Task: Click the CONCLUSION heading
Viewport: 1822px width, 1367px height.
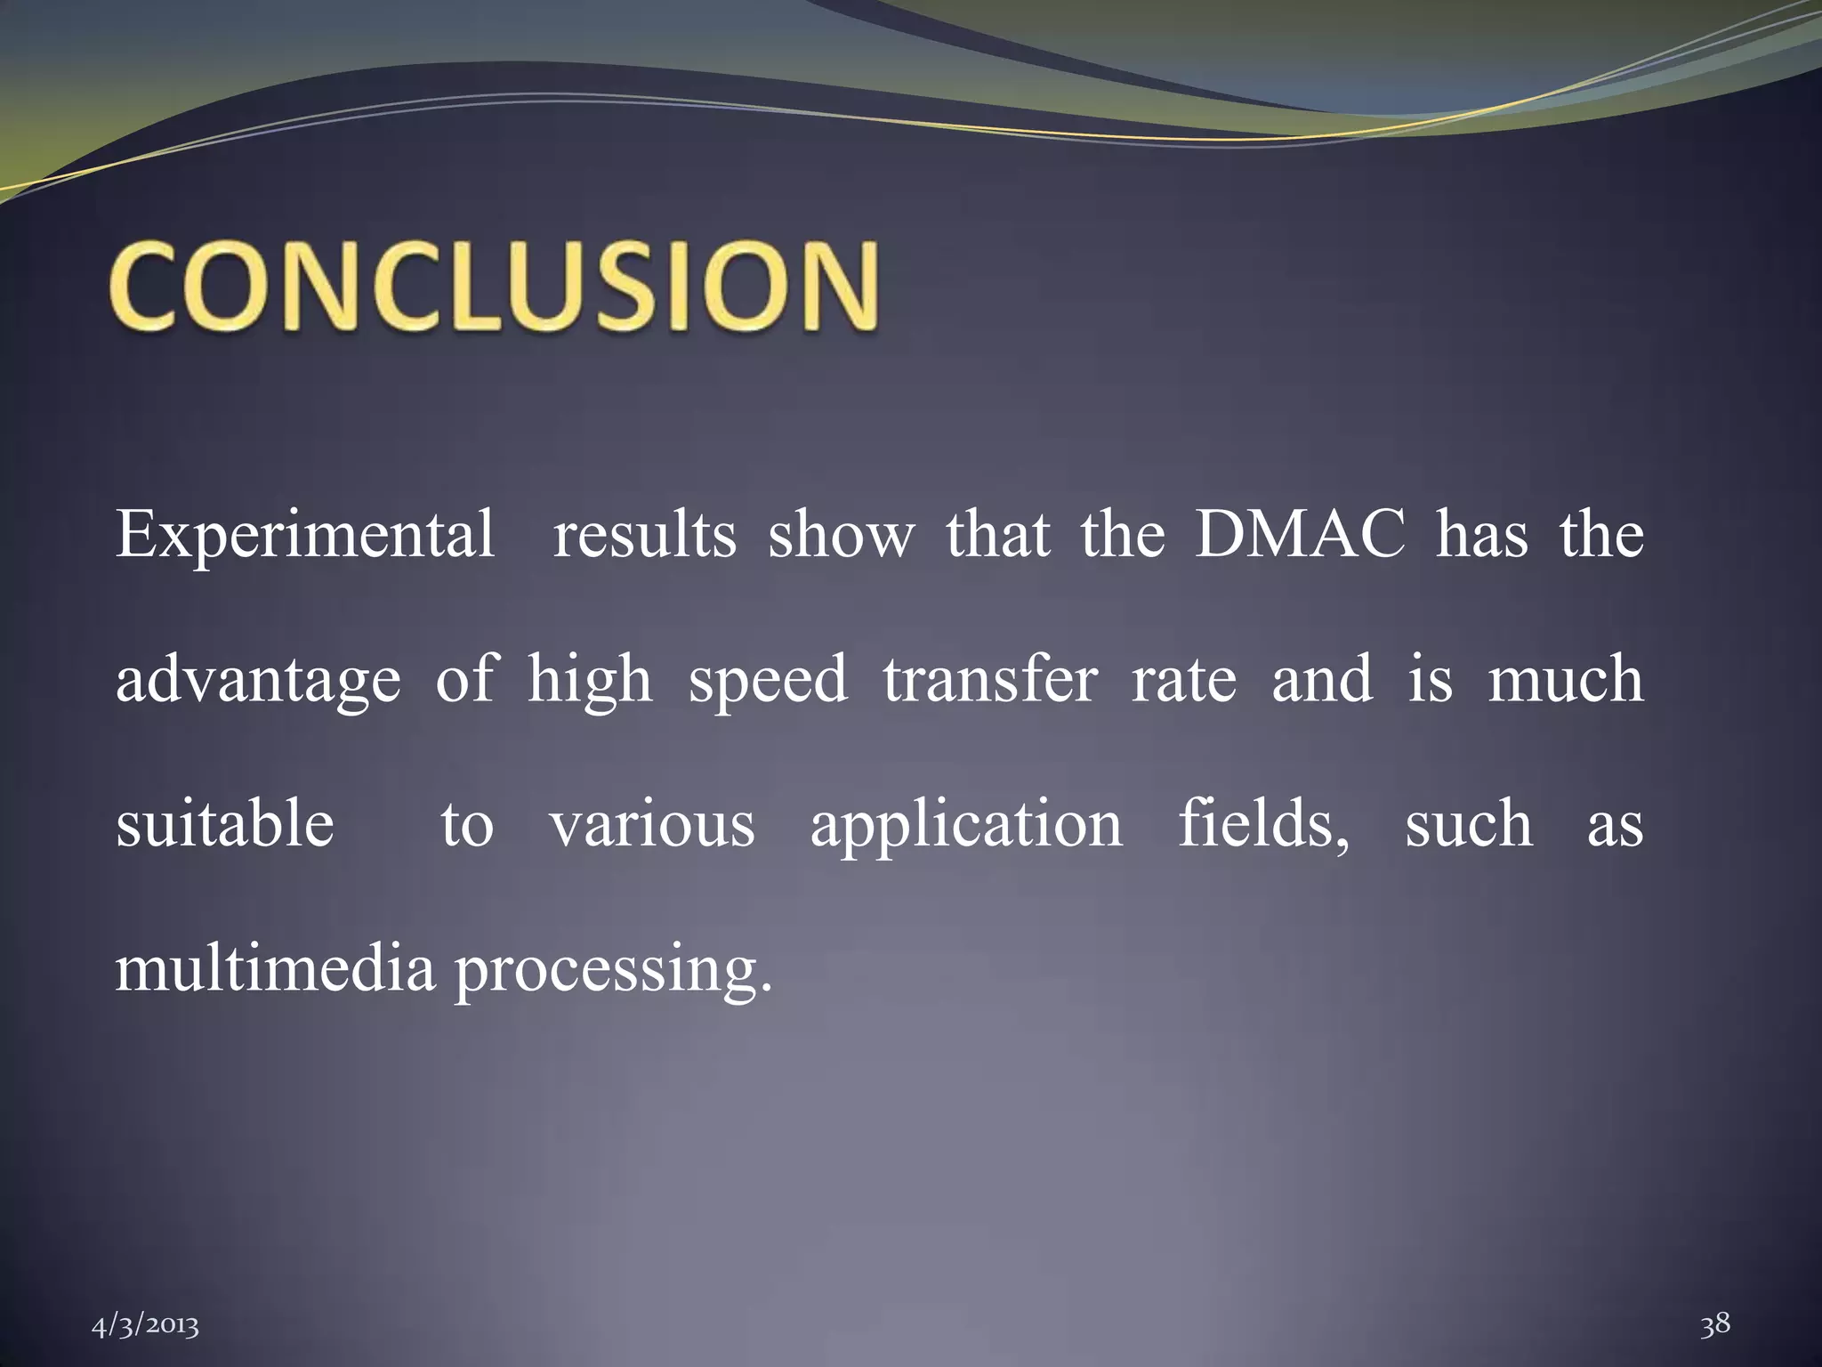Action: pos(495,287)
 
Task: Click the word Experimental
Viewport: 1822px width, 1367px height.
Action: pos(305,535)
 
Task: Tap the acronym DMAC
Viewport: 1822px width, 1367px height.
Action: pos(1299,535)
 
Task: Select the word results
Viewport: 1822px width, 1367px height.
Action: pos(644,535)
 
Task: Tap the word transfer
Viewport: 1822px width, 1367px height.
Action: pos(990,679)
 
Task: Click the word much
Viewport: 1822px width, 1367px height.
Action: pos(1565,679)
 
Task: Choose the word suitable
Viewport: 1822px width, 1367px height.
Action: pos(225,823)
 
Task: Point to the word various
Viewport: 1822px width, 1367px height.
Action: pos(652,825)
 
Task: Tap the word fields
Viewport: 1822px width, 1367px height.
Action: pos(1263,823)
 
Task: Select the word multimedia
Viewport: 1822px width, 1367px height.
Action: pos(275,968)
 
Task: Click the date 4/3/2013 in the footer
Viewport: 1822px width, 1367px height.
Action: pos(146,1327)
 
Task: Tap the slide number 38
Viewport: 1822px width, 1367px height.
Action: pos(1714,1324)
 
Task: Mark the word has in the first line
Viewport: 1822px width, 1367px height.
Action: pos(1481,535)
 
